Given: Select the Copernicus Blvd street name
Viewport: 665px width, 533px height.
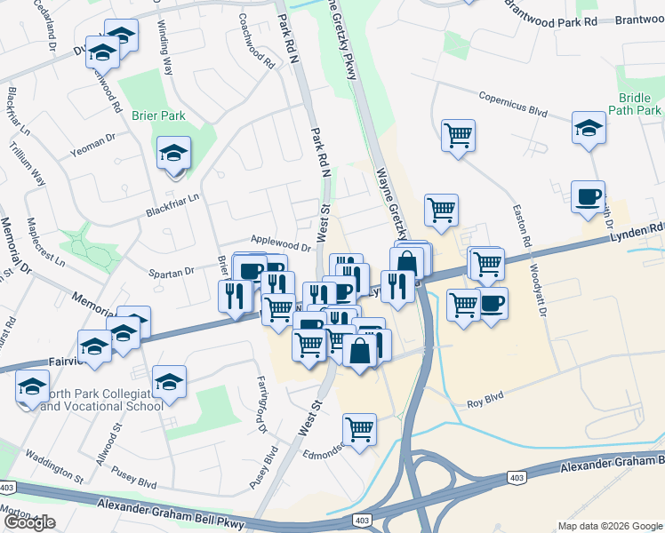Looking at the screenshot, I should click(x=511, y=104).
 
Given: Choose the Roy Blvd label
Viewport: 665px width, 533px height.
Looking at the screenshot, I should click(x=485, y=404).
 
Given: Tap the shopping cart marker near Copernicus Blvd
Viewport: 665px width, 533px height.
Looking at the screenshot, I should click(x=458, y=136).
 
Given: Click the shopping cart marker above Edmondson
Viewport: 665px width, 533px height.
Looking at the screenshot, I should click(x=360, y=430).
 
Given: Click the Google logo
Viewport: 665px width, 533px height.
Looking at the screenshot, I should click(x=29, y=522).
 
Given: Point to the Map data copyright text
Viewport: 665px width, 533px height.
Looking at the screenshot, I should click(x=610, y=525).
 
